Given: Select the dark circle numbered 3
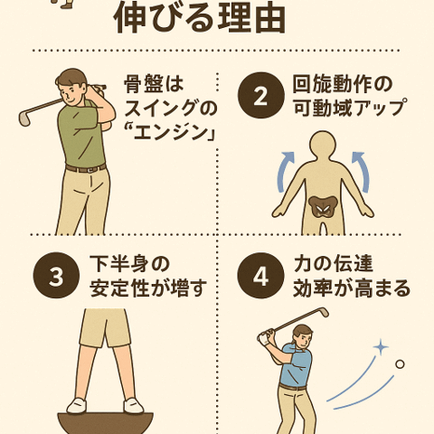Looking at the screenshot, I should [55, 278].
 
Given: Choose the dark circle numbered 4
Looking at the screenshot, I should [259, 278].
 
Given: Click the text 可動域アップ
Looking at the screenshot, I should [349, 108].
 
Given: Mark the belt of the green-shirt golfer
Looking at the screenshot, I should [86, 168].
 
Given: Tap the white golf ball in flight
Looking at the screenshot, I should [401, 365].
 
